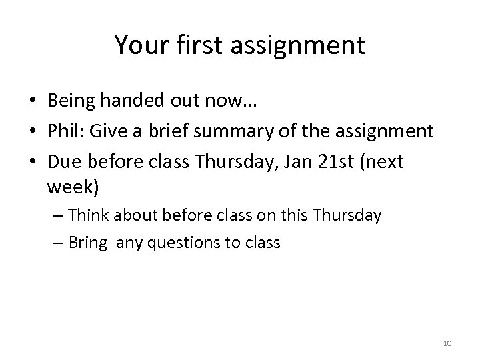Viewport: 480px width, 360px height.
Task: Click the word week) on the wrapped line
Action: [x=73, y=188]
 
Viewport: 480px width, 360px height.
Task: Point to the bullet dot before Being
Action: [x=32, y=102]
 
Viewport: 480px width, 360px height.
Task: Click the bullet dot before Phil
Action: [x=32, y=131]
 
